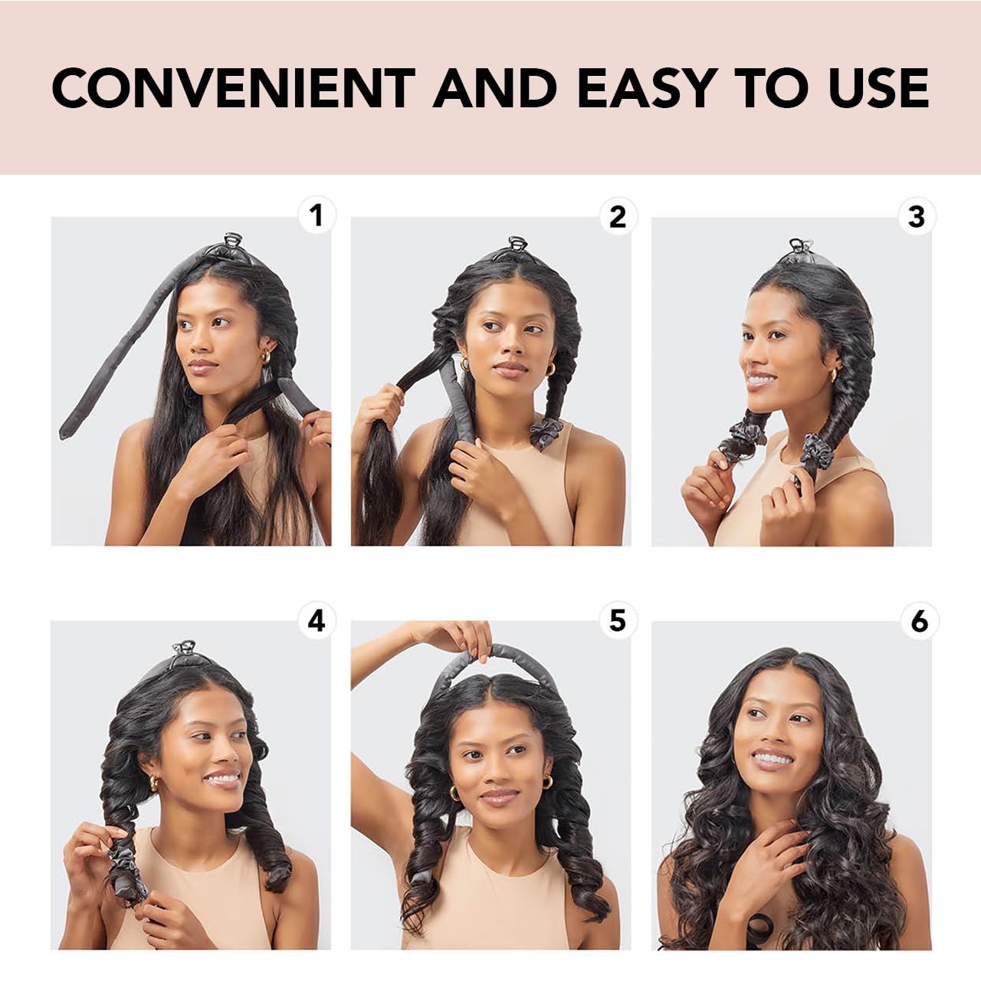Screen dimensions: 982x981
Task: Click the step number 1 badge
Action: [x=317, y=216]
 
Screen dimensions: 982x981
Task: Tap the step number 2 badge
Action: [x=617, y=217]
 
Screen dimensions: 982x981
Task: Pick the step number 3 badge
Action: [x=917, y=217]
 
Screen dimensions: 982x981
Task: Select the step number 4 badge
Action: [x=317, y=621]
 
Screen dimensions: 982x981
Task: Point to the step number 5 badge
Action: [x=617, y=621]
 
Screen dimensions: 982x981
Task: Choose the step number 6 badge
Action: [x=918, y=621]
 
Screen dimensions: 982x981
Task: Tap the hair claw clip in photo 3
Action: [x=799, y=248]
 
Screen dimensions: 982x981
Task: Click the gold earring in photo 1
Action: [x=265, y=356]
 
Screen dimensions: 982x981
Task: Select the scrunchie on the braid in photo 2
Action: [x=546, y=432]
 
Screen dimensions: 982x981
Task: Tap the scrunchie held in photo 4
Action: [x=126, y=866]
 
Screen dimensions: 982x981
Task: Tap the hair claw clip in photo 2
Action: [x=518, y=246]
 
